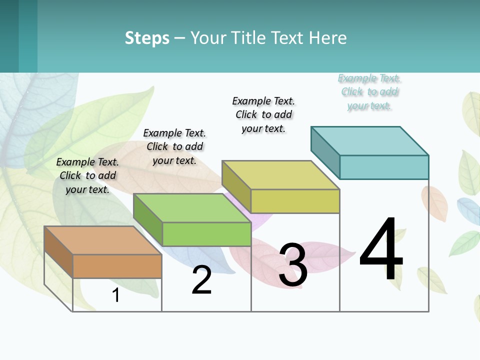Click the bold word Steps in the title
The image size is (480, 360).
147,38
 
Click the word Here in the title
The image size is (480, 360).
327,38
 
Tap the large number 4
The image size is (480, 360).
381,250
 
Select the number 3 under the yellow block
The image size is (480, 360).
292,265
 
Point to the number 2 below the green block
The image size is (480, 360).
201,280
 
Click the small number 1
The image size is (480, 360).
116,295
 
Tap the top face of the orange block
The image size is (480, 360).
102,240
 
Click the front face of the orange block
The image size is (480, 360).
117,266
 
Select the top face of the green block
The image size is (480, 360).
192,208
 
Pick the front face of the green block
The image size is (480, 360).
206,234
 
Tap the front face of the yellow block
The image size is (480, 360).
295,201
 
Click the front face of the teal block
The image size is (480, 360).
384,167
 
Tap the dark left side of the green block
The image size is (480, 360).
148,219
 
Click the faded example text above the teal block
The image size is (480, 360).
369,92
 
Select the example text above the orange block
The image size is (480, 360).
87,175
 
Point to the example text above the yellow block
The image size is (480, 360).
263,114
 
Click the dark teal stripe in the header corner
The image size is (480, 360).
9,36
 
